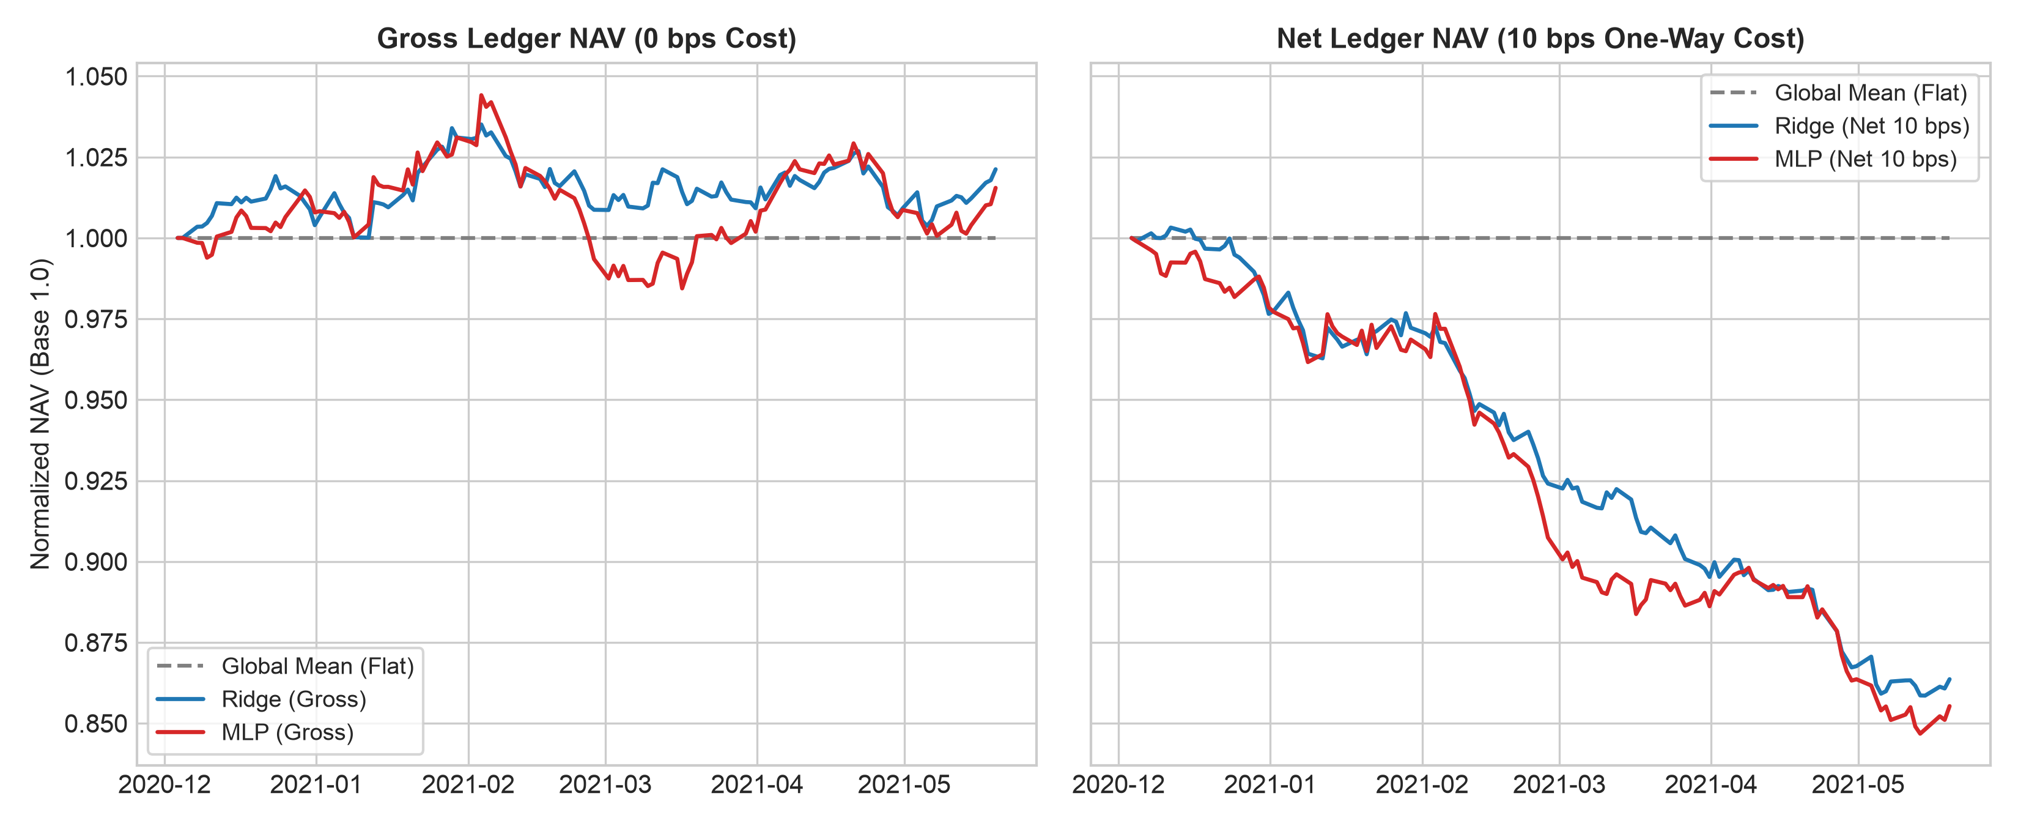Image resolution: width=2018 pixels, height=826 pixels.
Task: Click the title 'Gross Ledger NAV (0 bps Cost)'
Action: (x=587, y=39)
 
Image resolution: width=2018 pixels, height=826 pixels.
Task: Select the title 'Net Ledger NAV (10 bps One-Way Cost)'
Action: (x=1540, y=39)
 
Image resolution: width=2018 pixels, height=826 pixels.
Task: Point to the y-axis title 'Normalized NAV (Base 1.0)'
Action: (x=41, y=414)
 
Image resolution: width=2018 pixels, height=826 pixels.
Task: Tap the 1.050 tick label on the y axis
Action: (x=95, y=77)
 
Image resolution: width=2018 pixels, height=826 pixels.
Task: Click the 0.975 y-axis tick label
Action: (x=95, y=319)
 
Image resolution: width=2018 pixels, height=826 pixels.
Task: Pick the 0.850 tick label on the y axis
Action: (x=95, y=723)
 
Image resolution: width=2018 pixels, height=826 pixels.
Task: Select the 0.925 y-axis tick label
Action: (x=95, y=481)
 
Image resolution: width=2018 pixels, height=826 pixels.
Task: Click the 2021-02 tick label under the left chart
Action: (x=468, y=784)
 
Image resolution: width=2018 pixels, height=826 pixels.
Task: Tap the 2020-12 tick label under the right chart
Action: (x=1118, y=784)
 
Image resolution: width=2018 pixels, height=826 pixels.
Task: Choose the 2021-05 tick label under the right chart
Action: (x=1857, y=784)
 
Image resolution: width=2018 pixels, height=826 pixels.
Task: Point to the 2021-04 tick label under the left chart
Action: (x=757, y=784)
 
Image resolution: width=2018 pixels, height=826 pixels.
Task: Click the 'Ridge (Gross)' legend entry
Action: (x=262, y=699)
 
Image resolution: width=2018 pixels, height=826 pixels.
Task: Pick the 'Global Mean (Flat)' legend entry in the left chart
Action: (x=285, y=666)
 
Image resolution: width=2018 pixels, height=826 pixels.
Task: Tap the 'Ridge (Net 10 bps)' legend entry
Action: (x=1839, y=125)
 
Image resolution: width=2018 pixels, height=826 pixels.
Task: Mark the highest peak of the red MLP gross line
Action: (x=481, y=95)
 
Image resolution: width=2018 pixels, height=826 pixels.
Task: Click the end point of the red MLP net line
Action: (x=1950, y=706)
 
